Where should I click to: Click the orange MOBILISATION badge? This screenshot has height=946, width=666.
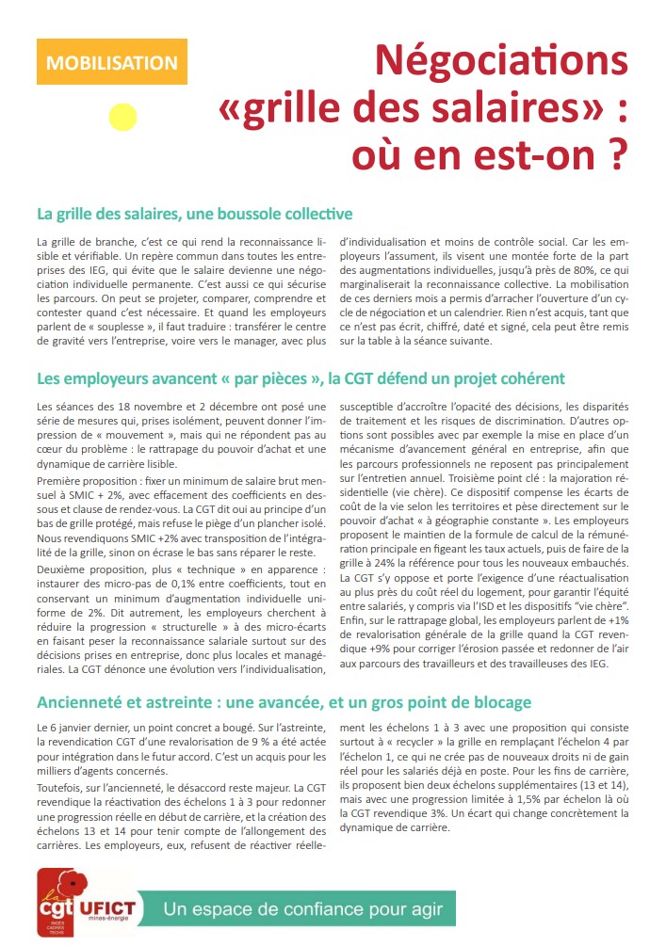point(111,63)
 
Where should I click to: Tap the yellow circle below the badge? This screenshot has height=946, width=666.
point(123,117)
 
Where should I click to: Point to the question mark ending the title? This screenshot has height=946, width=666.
point(617,153)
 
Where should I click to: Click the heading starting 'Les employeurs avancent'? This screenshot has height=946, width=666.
point(301,378)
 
